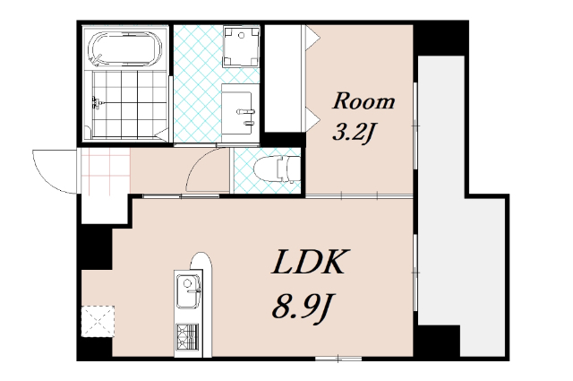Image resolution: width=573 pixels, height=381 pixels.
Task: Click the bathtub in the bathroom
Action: pos(125,48)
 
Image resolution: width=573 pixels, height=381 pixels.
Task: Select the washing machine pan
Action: pos(241,46)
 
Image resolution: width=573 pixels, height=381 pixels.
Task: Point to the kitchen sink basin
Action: pos(189,291)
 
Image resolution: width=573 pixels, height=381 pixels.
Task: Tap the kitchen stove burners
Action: pos(187,337)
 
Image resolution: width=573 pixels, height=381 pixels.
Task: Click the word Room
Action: pos(363,101)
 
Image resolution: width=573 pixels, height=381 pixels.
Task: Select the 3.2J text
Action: pos(354,132)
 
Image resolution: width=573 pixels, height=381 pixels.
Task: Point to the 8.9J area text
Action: pos(303,307)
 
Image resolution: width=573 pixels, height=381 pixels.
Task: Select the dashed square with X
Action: pos(98,321)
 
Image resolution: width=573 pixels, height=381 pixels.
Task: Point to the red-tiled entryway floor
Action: pos(106,170)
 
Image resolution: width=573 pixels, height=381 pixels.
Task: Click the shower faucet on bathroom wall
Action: pos(96,103)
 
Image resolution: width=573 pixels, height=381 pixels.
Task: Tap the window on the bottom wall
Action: pos(338,359)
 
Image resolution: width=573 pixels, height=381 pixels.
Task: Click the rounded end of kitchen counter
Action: pos(201,261)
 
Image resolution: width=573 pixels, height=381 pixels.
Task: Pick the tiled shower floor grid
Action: pos(130,105)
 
